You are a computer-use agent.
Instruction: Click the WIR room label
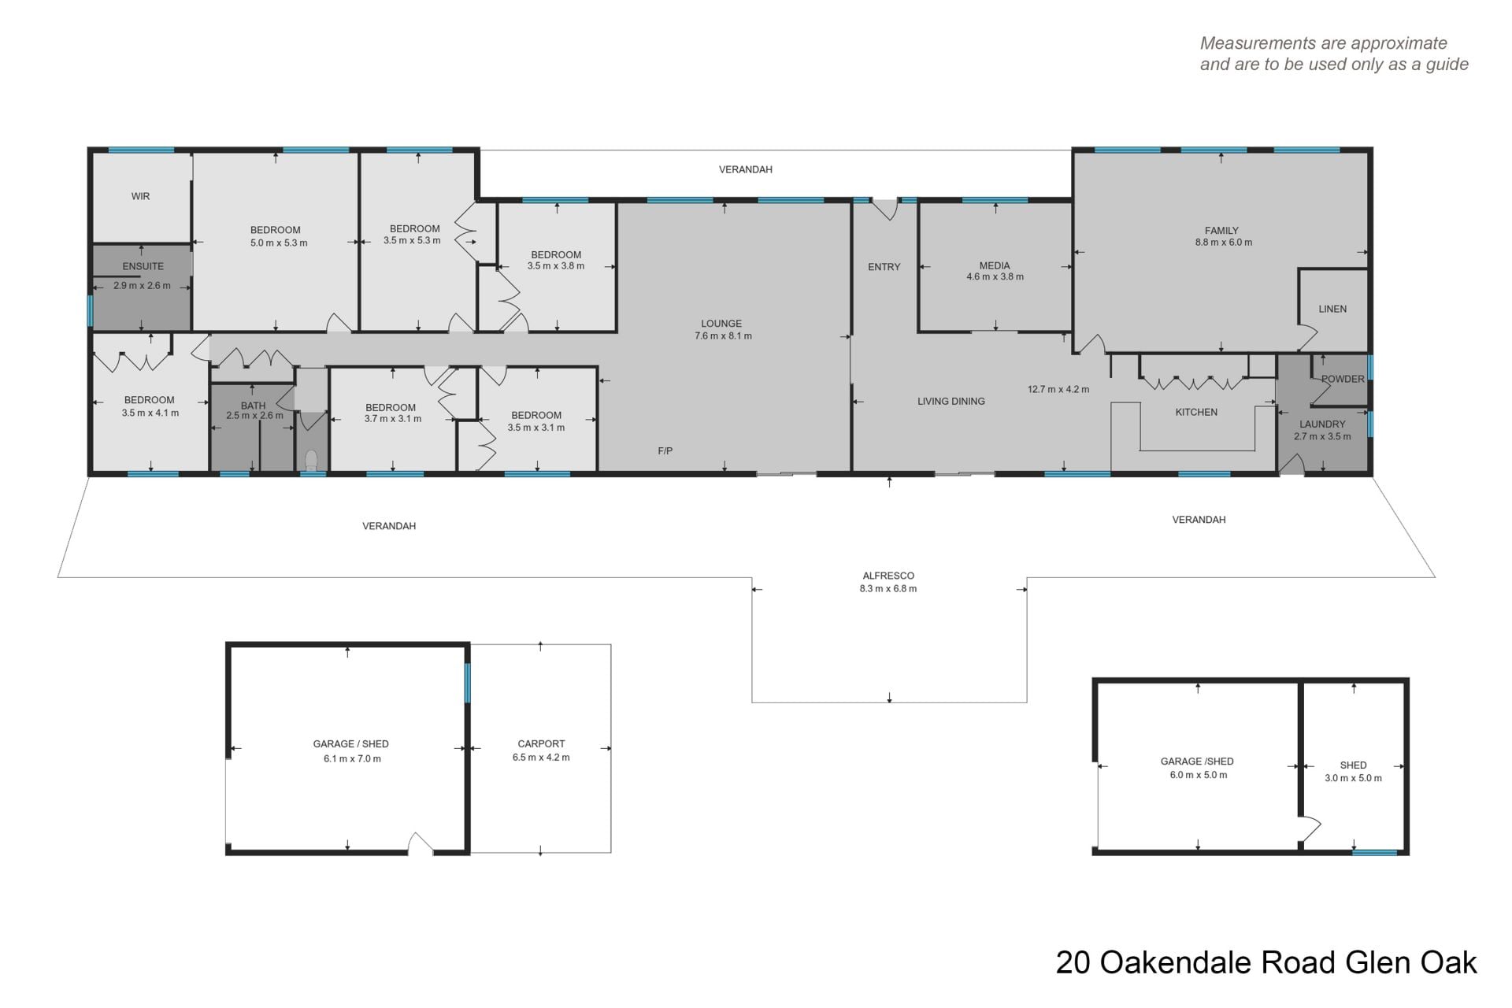[140, 196]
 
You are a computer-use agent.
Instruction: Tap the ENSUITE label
[143, 266]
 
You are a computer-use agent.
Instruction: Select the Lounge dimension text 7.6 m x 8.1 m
[723, 335]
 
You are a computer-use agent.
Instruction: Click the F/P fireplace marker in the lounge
[665, 451]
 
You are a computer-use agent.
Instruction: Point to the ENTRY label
[884, 267]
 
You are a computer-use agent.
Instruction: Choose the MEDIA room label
[995, 265]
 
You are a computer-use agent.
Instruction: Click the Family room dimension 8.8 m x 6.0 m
[1224, 243]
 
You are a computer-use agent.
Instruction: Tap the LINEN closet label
[1332, 309]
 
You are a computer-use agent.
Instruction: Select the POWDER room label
[1343, 379]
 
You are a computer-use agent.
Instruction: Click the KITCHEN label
[1196, 412]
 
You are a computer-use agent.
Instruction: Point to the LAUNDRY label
[1322, 424]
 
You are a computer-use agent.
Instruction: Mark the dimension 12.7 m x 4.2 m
[1058, 389]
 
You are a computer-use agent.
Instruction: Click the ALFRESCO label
[888, 576]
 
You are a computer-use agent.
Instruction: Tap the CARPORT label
[541, 743]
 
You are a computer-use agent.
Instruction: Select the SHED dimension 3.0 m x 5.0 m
[1353, 778]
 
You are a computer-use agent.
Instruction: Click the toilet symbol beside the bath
[311, 460]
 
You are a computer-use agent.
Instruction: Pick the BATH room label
[253, 406]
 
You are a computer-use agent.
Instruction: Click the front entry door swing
[886, 209]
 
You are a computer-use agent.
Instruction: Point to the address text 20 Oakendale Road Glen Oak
[1266, 963]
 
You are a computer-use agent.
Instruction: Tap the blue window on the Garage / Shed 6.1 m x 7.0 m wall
[467, 683]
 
